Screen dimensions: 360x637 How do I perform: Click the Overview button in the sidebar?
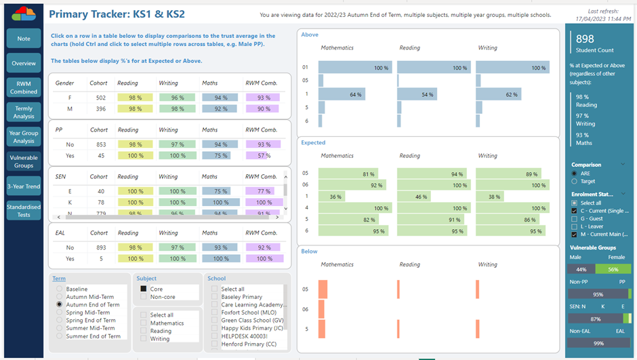pyautogui.click(x=23, y=63)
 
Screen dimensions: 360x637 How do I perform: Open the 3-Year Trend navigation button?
pyautogui.click(x=23, y=186)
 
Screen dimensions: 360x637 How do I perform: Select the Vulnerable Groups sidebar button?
pyautogui.click(x=23, y=161)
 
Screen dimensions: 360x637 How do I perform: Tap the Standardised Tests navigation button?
pyautogui.click(x=23, y=211)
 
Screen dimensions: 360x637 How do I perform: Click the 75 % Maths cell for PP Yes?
pyautogui.click(x=219, y=155)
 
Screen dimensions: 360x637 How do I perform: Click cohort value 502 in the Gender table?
pyautogui.click(x=101, y=98)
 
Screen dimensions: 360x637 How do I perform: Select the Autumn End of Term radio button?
pyautogui.click(x=60, y=305)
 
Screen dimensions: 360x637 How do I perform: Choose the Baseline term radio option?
pyautogui.click(x=60, y=289)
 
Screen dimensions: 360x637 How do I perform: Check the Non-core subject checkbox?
pyautogui.click(x=144, y=296)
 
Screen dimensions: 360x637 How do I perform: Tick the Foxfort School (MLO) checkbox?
pyautogui.click(x=215, y=313)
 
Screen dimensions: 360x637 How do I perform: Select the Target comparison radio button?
pyautogui.click(x=575, y=181)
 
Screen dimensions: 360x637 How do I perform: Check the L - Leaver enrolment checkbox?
pyautogui.click(x=575, y=226)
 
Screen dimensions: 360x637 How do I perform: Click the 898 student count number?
pyautogui.click(x=585, y=39)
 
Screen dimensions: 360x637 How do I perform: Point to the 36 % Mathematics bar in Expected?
pyautogui.click(x=331, y=197)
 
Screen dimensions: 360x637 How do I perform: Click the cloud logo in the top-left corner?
pyautogui.click(x=24, y=14)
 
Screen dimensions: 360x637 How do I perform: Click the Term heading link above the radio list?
pyautogui.click(x=59, y=278)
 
